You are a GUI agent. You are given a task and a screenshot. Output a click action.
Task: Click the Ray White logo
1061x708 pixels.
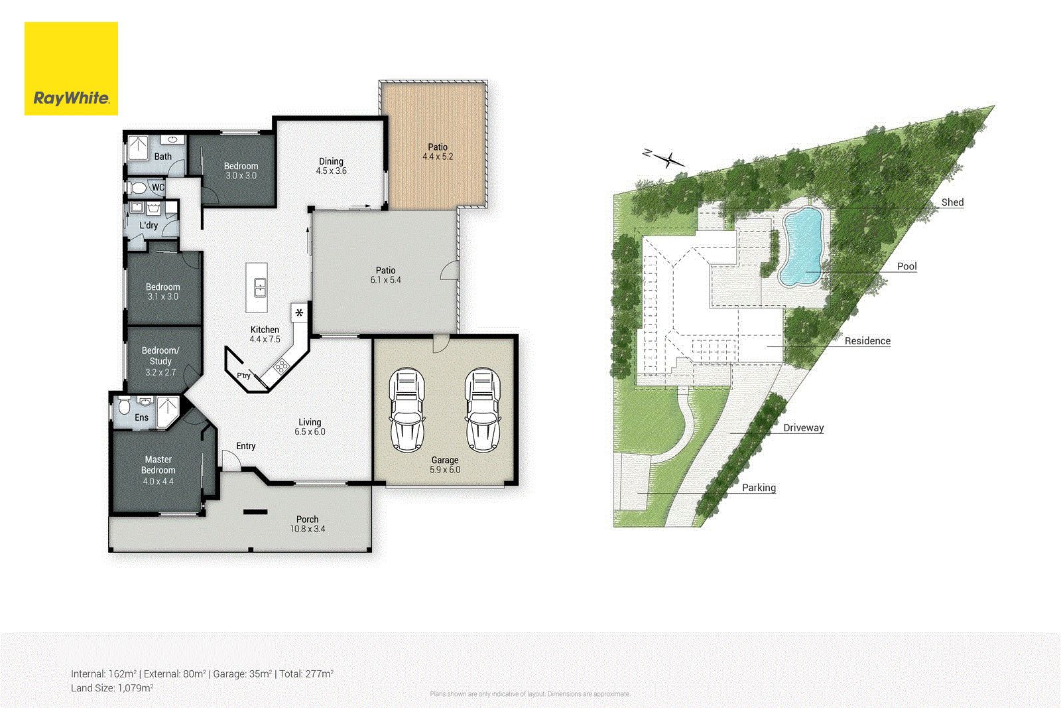71,69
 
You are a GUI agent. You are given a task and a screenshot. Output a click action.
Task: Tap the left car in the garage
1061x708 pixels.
406,410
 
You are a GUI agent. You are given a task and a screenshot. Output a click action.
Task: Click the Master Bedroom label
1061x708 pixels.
158,464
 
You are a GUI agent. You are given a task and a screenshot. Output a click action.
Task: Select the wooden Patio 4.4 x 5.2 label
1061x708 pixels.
437,152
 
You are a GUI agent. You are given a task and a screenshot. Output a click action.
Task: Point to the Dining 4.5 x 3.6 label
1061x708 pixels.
331,166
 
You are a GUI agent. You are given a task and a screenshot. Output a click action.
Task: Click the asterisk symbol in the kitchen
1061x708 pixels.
300,313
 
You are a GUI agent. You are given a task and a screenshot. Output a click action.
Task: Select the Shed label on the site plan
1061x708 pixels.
952,202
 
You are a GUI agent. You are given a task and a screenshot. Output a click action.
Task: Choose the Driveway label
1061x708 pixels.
803,428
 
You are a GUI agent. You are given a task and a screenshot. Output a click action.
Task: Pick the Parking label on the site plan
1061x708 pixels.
759,488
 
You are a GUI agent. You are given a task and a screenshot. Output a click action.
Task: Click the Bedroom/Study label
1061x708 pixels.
160,356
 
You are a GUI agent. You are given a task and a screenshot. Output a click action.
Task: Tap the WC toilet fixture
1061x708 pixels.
138,188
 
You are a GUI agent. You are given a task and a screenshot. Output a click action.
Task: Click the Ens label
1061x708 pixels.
141,417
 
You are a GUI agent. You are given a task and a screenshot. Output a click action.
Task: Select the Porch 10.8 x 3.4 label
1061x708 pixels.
307,524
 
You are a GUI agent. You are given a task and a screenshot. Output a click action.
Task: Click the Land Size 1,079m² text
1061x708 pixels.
112,688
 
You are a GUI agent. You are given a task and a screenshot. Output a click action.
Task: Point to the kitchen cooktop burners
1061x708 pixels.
281,366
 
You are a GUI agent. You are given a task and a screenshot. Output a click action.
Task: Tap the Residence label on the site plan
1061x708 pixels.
867,341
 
